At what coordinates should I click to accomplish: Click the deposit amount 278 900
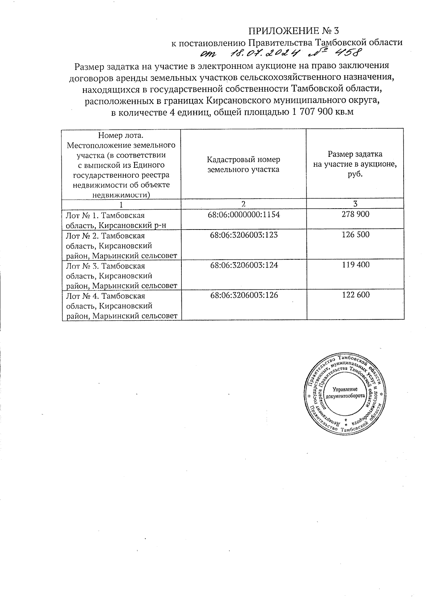coord(355,214)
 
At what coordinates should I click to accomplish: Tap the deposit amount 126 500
coord(355,234)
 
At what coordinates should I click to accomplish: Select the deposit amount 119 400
coord(355,265)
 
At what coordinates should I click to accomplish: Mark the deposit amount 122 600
coord(355,295)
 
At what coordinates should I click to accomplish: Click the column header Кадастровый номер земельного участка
coord(243,164)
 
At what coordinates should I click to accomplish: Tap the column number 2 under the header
coord(243,204)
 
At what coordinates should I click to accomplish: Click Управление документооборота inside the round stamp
coord(345,392)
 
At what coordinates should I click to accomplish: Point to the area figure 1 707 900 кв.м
coord(323,113)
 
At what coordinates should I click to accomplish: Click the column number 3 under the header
coord(355,204)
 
